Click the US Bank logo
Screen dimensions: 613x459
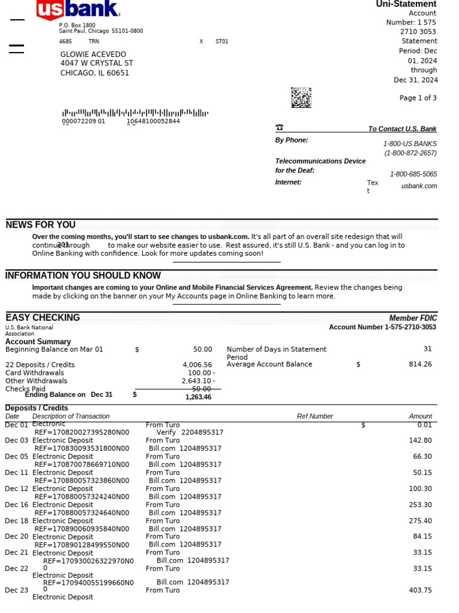coord(78,10)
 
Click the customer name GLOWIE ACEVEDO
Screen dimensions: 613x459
coord(93,54)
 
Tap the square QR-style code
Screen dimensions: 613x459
coord(301,98)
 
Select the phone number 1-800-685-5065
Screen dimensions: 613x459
coord(413,174)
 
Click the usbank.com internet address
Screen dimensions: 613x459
coord(419,186)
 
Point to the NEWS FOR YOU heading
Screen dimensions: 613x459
coord(41,225)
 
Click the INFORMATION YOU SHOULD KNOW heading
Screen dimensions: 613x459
coord(83,276)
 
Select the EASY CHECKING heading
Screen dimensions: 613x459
coord(42,318)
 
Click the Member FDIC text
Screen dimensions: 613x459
coord(413,318)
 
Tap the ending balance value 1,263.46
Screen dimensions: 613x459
coord(198,397)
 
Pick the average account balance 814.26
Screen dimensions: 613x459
coord(420,364)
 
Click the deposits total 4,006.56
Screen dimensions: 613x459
coord(197,365)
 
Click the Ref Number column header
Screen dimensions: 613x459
coord(315,416)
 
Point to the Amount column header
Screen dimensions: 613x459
coord(420,416)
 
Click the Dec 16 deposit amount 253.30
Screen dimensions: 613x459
coord(420,505)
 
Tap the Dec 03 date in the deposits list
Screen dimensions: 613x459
coord(17,441)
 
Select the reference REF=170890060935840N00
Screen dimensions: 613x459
coord(82,529)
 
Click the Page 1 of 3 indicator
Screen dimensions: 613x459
coord(418,98)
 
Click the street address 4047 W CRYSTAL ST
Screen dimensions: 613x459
coord(97,63)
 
